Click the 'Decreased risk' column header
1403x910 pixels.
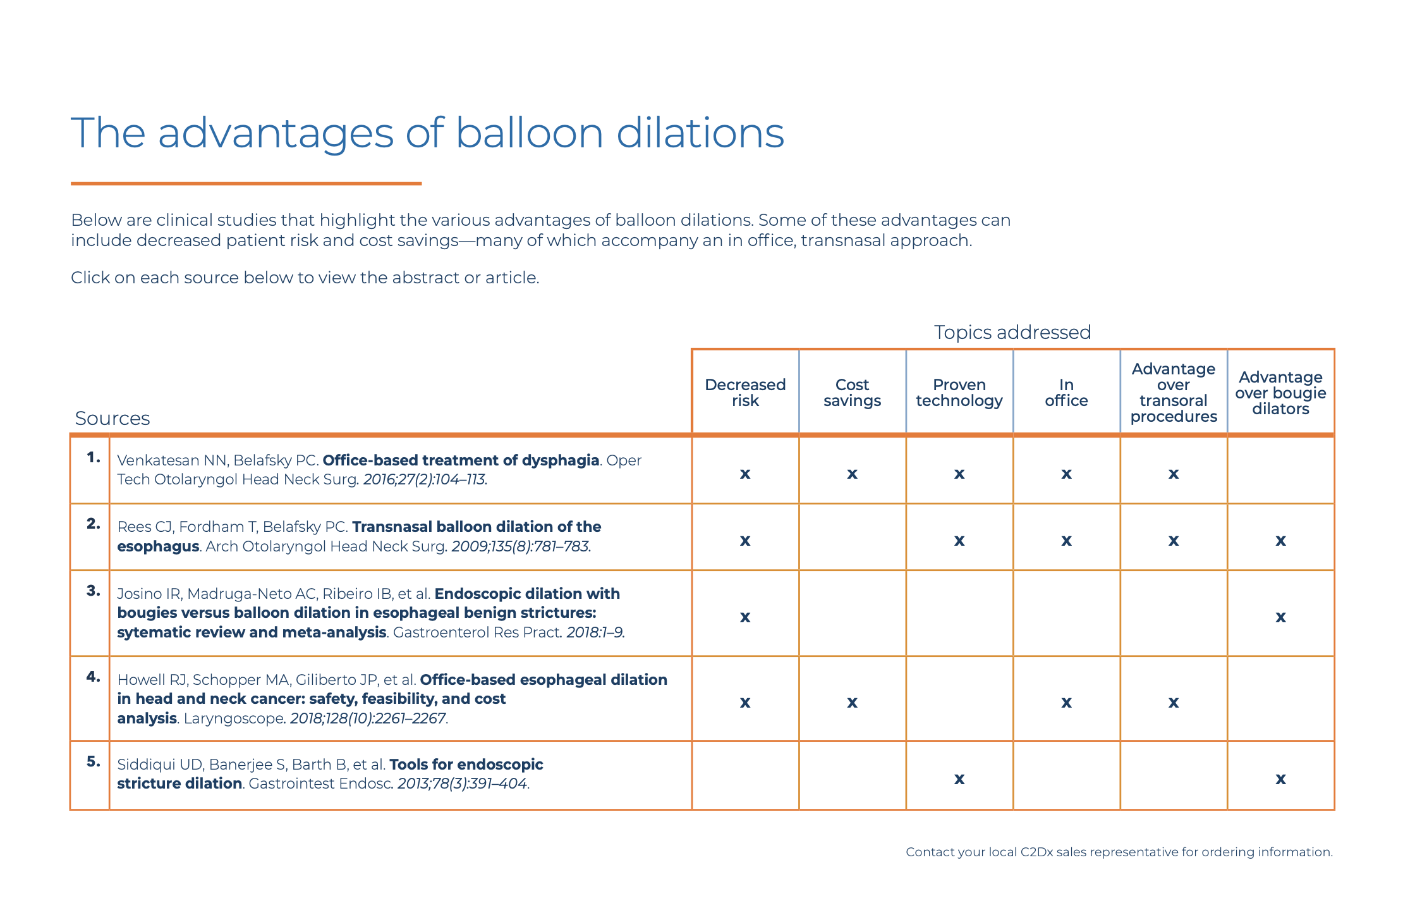coord(745,393)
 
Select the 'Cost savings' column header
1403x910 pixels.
coord(852,393)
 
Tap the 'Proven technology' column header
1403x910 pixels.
coord(959,393)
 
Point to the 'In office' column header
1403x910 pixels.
coord(1066,393)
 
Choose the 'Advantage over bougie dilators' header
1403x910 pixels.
coord(1280,393)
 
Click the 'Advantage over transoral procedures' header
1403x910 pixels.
coord(1174,393)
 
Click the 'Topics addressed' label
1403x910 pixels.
coord(1012,332)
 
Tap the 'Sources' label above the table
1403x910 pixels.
coord(112,418)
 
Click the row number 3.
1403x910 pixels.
coord(94,591)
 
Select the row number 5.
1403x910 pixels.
coord(94,761)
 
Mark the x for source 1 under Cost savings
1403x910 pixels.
coord(852,474)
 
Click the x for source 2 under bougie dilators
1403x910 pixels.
coord(1280,541)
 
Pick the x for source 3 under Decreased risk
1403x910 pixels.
coord(745,617)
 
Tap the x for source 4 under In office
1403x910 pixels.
coord(1066,703)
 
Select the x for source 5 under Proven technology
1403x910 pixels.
coord(959,779)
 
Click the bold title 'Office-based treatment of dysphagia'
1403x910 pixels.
coord(461,460)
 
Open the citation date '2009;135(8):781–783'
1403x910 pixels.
coord(520,546)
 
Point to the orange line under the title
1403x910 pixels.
coord(246,183)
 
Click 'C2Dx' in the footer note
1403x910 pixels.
coord(1036,852)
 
